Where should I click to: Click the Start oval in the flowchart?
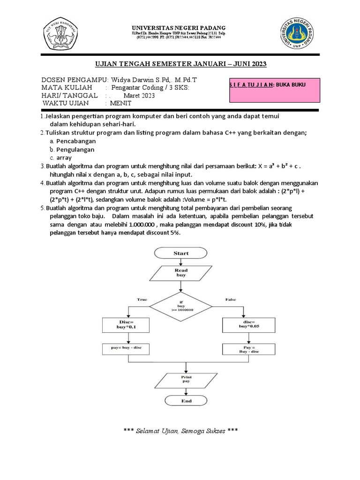181,253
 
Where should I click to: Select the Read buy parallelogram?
181,273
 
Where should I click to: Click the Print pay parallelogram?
186,379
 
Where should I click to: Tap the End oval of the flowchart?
186,401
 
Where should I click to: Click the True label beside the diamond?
142,299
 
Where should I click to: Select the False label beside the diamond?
231,299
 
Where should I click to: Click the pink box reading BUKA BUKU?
274,90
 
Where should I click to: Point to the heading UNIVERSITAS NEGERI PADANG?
180,28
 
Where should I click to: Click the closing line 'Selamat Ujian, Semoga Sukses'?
180,430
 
